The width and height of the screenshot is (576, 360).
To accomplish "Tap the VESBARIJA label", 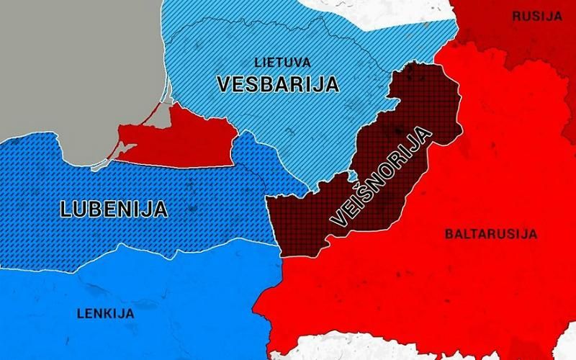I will (277, 84).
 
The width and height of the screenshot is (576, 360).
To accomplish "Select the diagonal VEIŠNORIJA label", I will (379, 177).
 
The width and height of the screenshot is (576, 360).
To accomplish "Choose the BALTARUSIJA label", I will (491, 234).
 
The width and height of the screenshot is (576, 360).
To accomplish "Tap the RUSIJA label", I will (536, 15).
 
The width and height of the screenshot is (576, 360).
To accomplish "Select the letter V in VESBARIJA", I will (224, 84).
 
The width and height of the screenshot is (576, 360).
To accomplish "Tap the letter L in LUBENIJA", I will (66, 210).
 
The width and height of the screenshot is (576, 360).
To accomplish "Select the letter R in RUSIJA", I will (515, 15).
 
